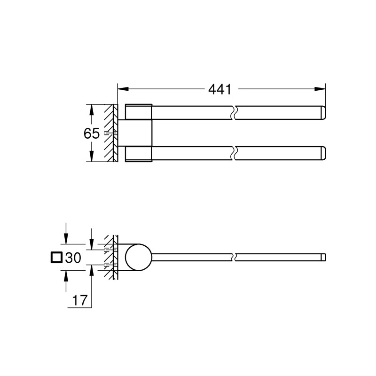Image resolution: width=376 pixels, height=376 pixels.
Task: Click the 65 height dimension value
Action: pos(91,134)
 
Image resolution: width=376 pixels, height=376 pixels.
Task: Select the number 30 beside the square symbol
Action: pos(73,258)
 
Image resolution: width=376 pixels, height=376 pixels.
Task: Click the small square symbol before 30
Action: pos(56,258)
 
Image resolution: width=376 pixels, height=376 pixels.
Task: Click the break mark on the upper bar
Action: pos(234,113)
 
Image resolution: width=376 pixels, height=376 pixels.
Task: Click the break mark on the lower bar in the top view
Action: pos(234,154)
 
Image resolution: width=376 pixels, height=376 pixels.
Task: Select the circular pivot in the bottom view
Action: pos(138,258)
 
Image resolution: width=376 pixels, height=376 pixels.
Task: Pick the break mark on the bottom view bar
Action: pos(234,258)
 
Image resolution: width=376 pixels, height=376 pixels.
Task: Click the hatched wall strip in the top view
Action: pos(111,133)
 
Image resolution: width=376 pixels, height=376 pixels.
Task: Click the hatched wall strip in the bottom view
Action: pos(111,258)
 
